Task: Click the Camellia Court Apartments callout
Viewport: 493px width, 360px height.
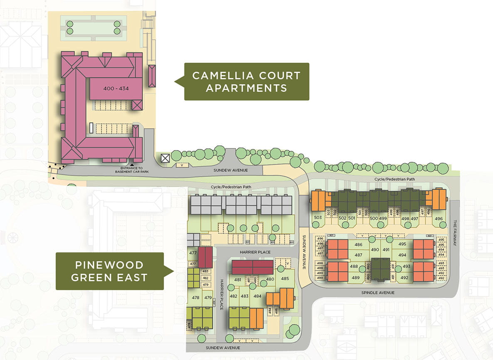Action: (246, 81)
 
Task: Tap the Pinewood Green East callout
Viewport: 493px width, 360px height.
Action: (109, 271)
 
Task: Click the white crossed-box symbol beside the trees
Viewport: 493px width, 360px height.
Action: (165, 158)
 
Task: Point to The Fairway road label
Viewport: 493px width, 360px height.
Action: (456, 233)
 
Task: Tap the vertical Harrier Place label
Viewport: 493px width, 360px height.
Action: (221, 297)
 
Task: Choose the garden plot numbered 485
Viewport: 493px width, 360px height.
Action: (285, 279)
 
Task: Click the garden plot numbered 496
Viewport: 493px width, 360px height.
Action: (438, 219)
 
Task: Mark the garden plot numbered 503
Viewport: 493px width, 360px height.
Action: (318, 218)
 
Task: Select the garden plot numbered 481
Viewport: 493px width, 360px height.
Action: (238, 280)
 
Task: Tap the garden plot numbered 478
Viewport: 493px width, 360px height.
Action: (196, 297)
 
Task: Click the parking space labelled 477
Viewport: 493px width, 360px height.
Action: (193, 264)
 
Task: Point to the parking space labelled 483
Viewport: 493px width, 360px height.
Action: (205, 271)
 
